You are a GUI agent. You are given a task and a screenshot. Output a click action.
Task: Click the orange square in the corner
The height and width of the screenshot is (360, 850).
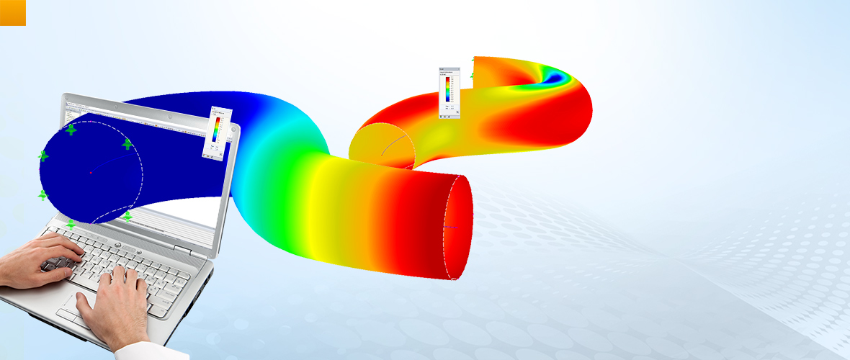click(13, 12)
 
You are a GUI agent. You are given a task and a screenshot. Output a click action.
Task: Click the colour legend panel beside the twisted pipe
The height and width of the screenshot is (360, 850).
click(449, 92)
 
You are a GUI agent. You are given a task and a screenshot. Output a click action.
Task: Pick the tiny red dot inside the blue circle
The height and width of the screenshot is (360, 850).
click(91, 173)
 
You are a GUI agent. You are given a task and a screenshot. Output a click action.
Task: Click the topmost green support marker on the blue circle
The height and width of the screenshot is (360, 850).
click(71, 130)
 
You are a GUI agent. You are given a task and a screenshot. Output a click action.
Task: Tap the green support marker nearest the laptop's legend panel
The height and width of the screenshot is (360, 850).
click(127, 144)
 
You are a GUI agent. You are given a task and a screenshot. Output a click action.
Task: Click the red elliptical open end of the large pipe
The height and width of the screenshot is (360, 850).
click(458, 226)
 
